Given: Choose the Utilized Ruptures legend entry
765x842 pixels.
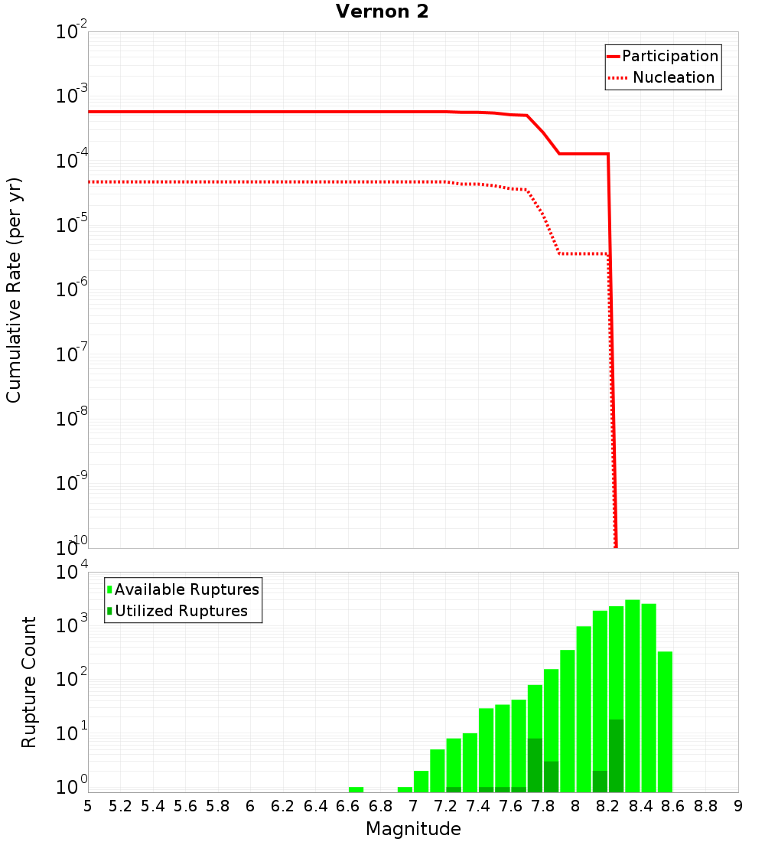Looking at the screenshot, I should [181, 611].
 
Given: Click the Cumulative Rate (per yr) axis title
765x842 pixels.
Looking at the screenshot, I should [14, 290].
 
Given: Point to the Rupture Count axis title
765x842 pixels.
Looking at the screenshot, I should [29, 682].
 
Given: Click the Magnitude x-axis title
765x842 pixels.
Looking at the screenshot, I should [413, 829].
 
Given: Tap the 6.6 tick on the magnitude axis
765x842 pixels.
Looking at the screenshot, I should [347, 806].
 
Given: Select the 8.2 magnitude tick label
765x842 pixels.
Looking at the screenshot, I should [608, 806].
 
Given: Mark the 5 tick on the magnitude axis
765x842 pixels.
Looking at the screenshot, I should [88, 806].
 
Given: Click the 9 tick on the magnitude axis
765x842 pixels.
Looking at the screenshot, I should [738, 806].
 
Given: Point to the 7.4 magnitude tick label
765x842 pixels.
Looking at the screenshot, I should [478, 806].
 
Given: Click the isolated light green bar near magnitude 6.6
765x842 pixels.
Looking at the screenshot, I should [356, 789].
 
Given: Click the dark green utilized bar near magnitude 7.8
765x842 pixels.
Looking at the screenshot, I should [535, 765].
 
